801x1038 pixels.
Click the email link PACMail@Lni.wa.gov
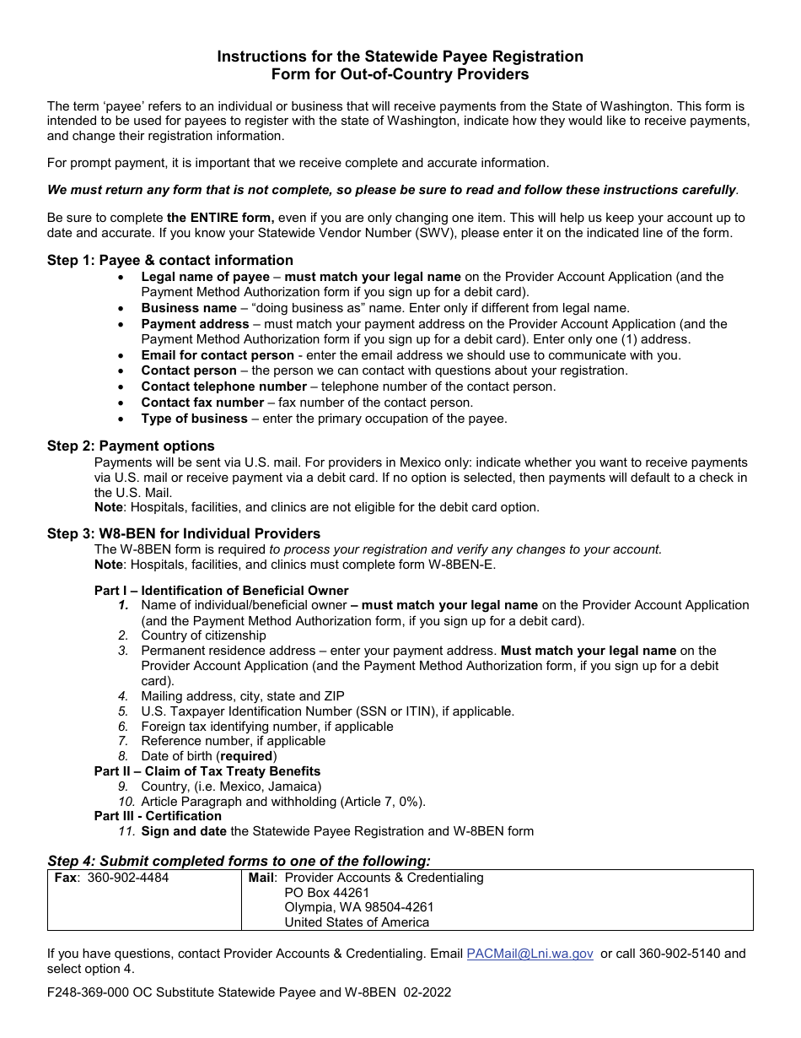(530, 954)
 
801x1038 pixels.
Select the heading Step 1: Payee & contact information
(170, 260)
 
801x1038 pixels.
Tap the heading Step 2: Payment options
(131, 446)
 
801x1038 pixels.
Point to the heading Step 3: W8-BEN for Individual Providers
(184, 533)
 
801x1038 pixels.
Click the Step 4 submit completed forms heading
(239, 861)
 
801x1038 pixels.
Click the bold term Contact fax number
(202, 403)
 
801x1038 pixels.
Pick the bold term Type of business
(194, 419)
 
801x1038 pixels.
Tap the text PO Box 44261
(326, 893)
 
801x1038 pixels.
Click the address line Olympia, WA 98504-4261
(358, 907)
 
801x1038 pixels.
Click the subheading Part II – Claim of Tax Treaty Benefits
(207, 771)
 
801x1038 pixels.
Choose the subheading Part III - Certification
(158, 816)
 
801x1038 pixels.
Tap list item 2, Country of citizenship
(203, 635)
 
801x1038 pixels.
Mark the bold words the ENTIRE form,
(221, 218)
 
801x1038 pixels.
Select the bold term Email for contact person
(218, 355)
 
